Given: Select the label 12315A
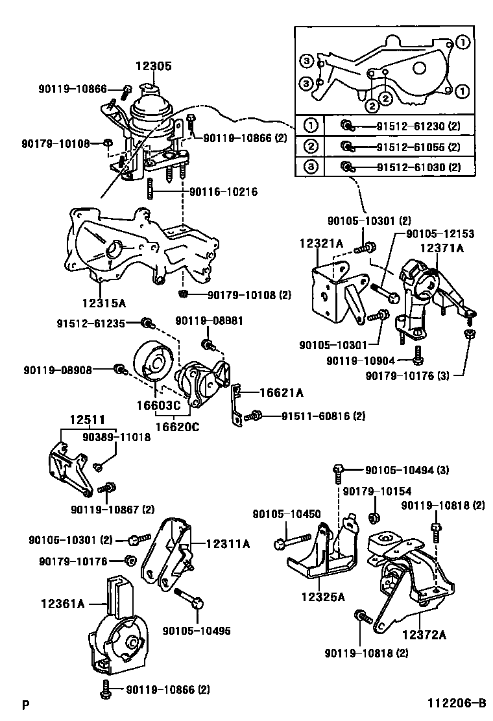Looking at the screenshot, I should click(x=104, y=302).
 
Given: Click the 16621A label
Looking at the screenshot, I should click(x=282, y=392).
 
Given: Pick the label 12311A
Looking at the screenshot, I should click(x=228, y=545).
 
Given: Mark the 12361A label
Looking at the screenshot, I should click(x=64, y=604).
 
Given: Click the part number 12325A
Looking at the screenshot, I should click(x=322, y=597).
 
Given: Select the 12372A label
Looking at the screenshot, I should click(x=424, y=635).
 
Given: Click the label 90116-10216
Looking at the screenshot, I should click(x=224, y=192).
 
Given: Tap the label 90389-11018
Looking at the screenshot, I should click(x=116, y=437).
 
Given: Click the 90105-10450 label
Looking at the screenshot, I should click(x=287, y=514).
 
